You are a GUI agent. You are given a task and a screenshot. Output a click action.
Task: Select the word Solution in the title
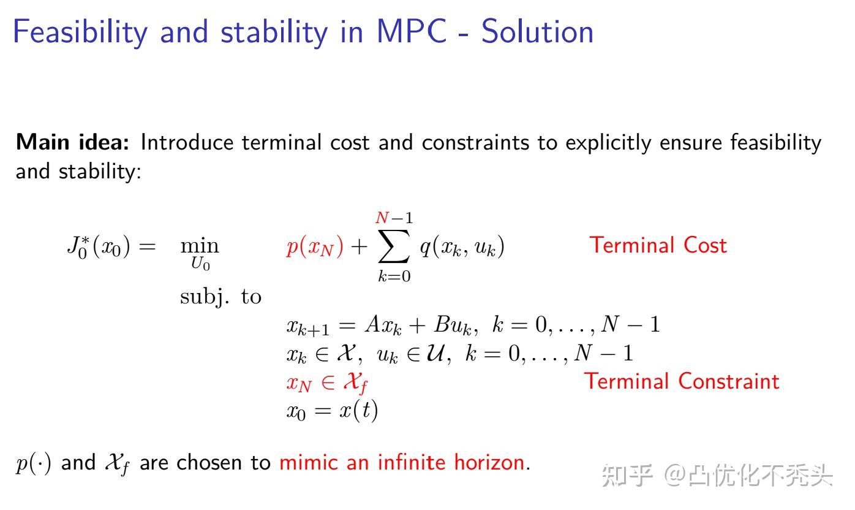tap(537, 32)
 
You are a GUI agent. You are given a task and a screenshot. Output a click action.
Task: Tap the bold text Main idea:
tap(72, 142)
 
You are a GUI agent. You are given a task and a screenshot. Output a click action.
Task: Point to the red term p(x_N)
tap(315, 246)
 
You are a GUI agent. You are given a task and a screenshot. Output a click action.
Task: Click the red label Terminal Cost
tap(658, 245)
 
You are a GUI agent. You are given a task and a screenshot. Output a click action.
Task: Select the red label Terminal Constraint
tap(682, 381)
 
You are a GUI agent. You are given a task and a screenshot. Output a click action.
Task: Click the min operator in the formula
tap(199, 246)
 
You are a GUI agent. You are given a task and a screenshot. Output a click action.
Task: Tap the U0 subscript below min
tap(200, 265)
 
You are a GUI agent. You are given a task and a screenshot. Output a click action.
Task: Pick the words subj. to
tap(220, 297)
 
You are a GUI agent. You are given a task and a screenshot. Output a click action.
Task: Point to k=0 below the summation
tap(394, 276)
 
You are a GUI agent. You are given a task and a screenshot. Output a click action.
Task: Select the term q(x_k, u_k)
tap(461, 247)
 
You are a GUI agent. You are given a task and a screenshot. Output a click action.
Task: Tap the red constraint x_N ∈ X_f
tap(327, 383)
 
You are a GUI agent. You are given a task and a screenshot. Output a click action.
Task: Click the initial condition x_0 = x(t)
tap(332, 409)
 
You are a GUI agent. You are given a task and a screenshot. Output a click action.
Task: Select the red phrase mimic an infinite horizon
tap(402, 462)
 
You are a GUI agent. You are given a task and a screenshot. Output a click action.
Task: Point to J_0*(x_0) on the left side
tap(98, 246)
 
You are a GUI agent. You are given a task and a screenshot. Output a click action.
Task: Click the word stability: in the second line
tap(100, 171)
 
